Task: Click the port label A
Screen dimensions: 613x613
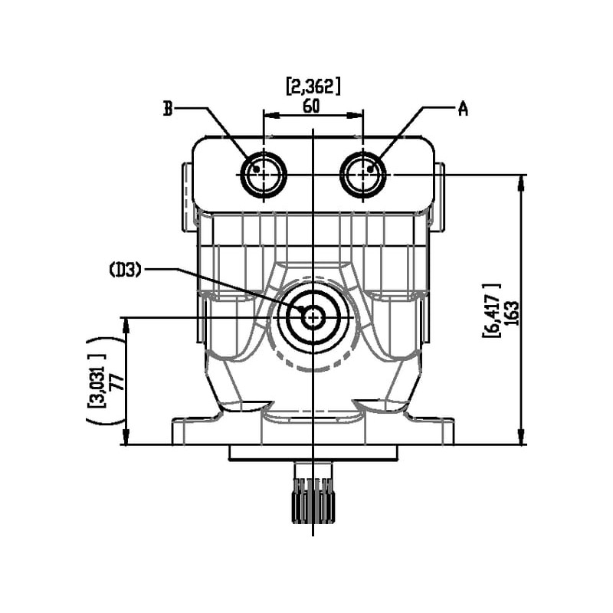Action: (463, 109)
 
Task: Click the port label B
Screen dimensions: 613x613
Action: (167, 109)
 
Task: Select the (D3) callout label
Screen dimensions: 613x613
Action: (125, 269)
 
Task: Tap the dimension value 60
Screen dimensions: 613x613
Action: (311, 106)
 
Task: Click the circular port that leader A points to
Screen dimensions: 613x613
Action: (363, 175)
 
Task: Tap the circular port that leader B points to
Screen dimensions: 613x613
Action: (264, 175)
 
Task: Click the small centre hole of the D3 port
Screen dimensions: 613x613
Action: (313, 316)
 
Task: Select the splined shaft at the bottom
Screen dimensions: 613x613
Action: (313, 502)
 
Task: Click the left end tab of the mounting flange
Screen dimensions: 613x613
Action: (184, 431)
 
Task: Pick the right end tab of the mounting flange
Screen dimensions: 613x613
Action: (442, 431)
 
